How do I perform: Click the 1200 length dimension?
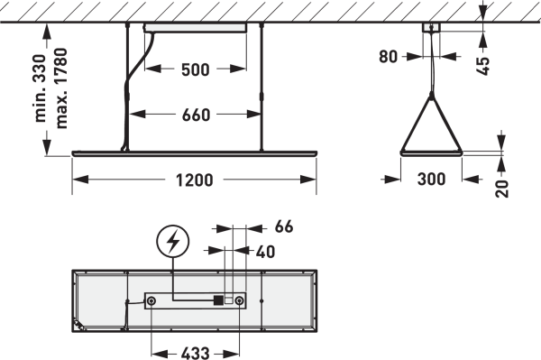coord(194,180)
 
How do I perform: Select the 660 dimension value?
coord(196,115)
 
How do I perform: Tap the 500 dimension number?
coord(196,69)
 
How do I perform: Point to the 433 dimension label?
coord(195,353)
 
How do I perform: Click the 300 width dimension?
coord(431,180)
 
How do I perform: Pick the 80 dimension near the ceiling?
coord(388,57)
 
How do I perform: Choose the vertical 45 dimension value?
coord(483,66)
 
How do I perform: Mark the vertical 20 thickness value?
coord(502,189)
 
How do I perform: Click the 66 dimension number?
coord(284,226)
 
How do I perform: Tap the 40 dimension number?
coord(265,252)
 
